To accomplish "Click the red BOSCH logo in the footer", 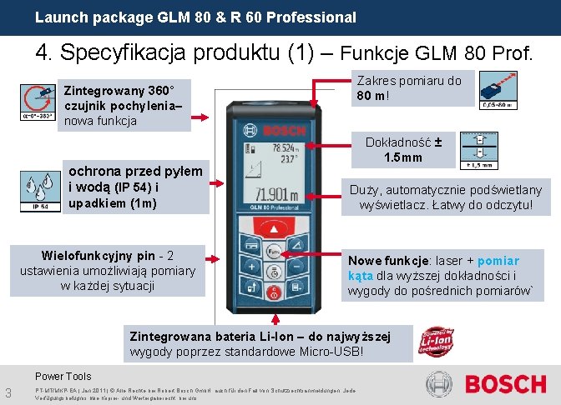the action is tap(505, 385).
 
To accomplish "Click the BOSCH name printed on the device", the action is tap(284, 131).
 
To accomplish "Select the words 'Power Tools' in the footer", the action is tap(63, 377).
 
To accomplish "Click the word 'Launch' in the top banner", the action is tap(58, 17).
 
